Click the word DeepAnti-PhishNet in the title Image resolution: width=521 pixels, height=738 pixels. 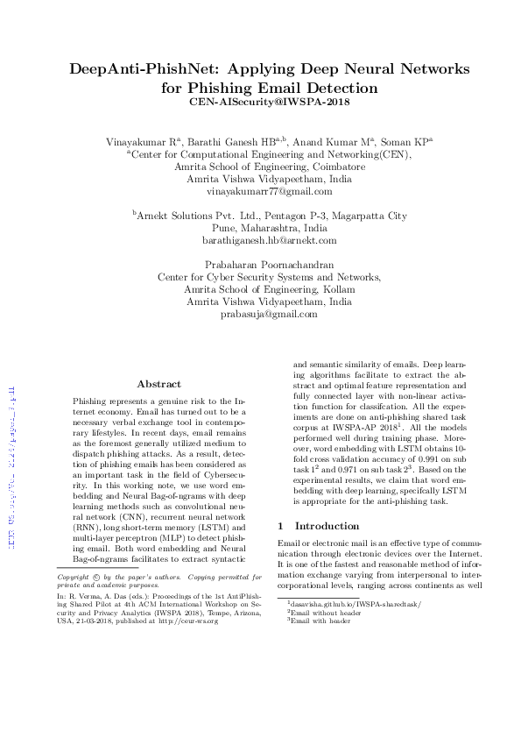(x=138, y=70)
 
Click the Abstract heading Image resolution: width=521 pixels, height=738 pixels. (x=159, y=384)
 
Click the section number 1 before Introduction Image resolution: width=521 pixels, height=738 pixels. (x=279, y=526)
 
